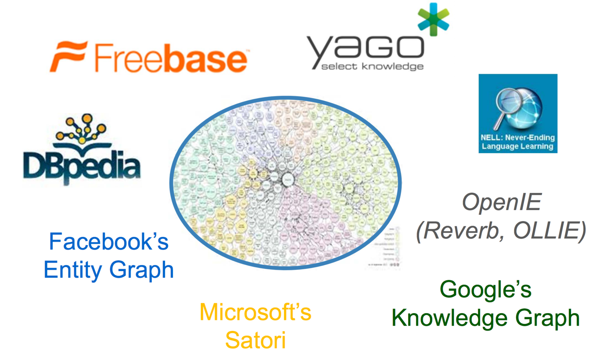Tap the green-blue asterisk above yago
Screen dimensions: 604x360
click(433, 19)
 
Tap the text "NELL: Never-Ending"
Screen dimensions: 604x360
click(518, 137)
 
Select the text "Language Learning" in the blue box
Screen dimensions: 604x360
click(518, 146)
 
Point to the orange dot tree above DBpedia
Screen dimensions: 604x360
click(82, 129)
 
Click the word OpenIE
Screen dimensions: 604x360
click(501, 202)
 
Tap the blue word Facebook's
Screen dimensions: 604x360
click(109, 242)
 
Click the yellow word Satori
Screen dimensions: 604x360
click(255, 340)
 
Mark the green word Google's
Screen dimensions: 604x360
click(485, 289)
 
